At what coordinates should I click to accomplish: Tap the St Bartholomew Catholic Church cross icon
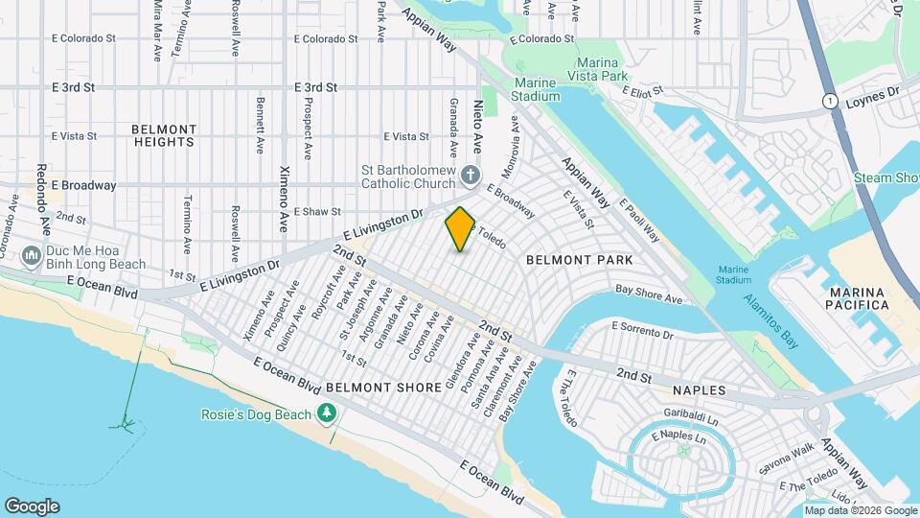point(470,175)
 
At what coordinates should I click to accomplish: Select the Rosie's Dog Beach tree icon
point(327,413)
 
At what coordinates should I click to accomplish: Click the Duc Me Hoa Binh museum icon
point(31,255)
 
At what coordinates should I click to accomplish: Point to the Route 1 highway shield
point(829,101)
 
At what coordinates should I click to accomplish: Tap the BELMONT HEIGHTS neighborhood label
point(164,135)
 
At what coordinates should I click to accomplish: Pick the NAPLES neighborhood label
point(700,391)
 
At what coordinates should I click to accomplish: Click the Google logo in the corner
point(33,506)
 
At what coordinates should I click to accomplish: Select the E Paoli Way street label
point(639,221)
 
